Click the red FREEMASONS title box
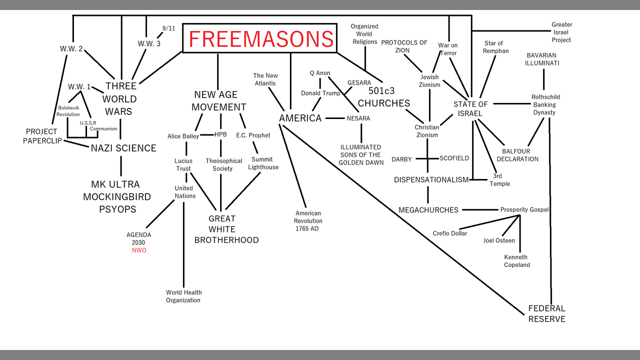tap(260, 38)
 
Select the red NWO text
tap(139, 250)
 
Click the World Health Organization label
tap(183, 296)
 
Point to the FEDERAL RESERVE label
tap(547, 313)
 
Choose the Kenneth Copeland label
tap(516, 261)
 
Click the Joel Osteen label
tap(498, 240)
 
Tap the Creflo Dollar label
tap(450, 233)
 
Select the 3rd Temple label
tap(500, 180)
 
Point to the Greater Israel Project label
tap(561, 32)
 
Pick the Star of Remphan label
tap(495, 47)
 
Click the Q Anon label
tap(320, 73)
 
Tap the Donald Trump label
tap(320, 93)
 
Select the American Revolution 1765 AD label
tap(308, 220)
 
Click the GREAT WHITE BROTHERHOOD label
tap(226, 229)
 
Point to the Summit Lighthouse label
tap(263, 163)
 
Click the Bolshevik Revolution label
tap(68, 111)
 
